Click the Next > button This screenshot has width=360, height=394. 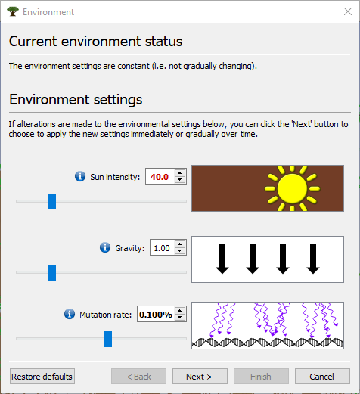(200, 377)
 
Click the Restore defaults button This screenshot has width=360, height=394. (42, 377)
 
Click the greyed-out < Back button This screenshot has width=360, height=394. (138, 377)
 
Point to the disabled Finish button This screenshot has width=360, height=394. (261, 377)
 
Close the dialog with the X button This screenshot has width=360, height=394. (348, 11)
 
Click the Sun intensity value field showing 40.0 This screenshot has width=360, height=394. (160, 176)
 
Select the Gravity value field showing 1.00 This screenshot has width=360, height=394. (163, 248)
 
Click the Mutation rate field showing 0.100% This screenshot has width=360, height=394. (156, 314)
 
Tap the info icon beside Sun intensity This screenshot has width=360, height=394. (80, 176)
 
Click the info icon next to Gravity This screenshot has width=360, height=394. (105, 247)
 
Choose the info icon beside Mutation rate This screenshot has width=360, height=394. (70, 314)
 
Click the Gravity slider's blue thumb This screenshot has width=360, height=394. (52, 272)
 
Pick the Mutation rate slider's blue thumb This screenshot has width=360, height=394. (108, 339)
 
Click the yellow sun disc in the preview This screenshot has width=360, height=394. (292, 188)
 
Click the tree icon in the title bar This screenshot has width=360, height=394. (13, 11)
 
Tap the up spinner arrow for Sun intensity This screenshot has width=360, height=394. (180, 173)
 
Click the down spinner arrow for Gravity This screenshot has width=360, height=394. (180, 251)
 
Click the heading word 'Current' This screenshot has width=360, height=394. (33, 42)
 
